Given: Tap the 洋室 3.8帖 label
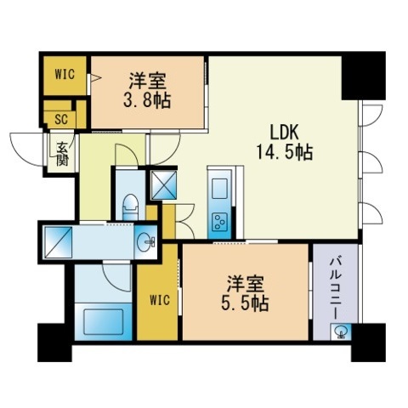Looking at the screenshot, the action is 147,90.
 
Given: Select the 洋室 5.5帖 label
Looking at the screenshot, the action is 245,294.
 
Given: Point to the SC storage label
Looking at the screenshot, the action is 61,120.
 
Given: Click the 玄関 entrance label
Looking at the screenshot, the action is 62,153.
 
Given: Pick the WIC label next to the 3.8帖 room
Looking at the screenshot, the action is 65,74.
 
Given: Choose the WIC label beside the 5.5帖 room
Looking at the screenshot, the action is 160,300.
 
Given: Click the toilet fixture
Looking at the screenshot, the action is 131,207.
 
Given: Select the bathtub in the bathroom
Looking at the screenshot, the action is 103,322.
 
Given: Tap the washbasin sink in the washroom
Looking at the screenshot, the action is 145,242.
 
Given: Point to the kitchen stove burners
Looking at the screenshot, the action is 219,221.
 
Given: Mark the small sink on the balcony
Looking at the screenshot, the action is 341,331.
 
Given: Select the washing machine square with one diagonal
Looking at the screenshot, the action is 59,242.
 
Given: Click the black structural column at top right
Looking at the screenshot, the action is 364,76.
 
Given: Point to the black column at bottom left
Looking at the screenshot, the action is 55,343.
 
